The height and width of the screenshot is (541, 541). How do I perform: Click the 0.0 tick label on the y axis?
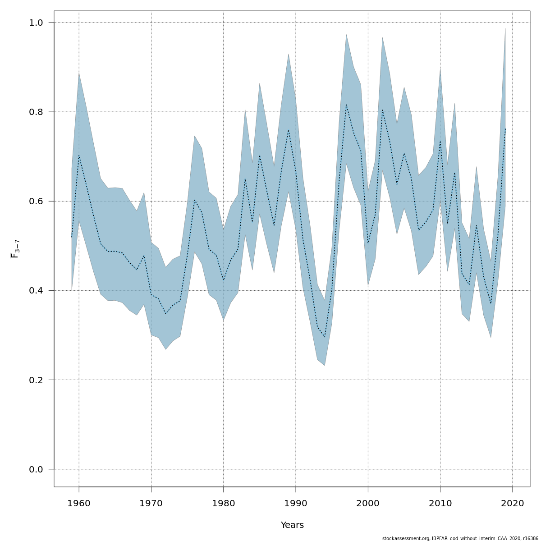coord(36,469)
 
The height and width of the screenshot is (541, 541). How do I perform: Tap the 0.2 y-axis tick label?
coord(36,380)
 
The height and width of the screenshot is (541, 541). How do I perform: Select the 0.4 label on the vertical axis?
coord(36,291)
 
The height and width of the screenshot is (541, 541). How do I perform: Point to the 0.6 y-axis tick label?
coord(36,201)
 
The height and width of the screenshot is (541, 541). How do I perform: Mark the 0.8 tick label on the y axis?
coord(36,112)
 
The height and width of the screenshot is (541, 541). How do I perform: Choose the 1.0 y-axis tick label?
coord(36,23)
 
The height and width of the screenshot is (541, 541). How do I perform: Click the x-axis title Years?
coord(292,525)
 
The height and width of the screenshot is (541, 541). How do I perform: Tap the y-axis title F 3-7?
coord(15,249)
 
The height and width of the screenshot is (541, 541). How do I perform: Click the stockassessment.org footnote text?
coord(460,538)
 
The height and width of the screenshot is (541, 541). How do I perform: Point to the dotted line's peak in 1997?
coord(346,105)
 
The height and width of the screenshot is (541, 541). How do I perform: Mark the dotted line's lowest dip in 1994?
coord(325,337)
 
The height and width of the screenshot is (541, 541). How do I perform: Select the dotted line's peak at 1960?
coord(79,156)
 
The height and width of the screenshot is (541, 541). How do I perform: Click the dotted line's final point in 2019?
coord(505,128)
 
